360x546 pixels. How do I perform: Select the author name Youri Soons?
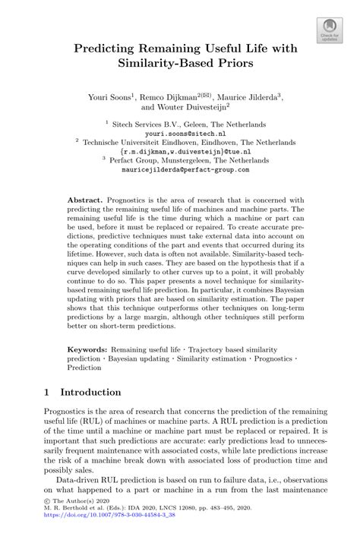click(x=111, y=97)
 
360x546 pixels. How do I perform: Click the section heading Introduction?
click(x=90, y=393)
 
